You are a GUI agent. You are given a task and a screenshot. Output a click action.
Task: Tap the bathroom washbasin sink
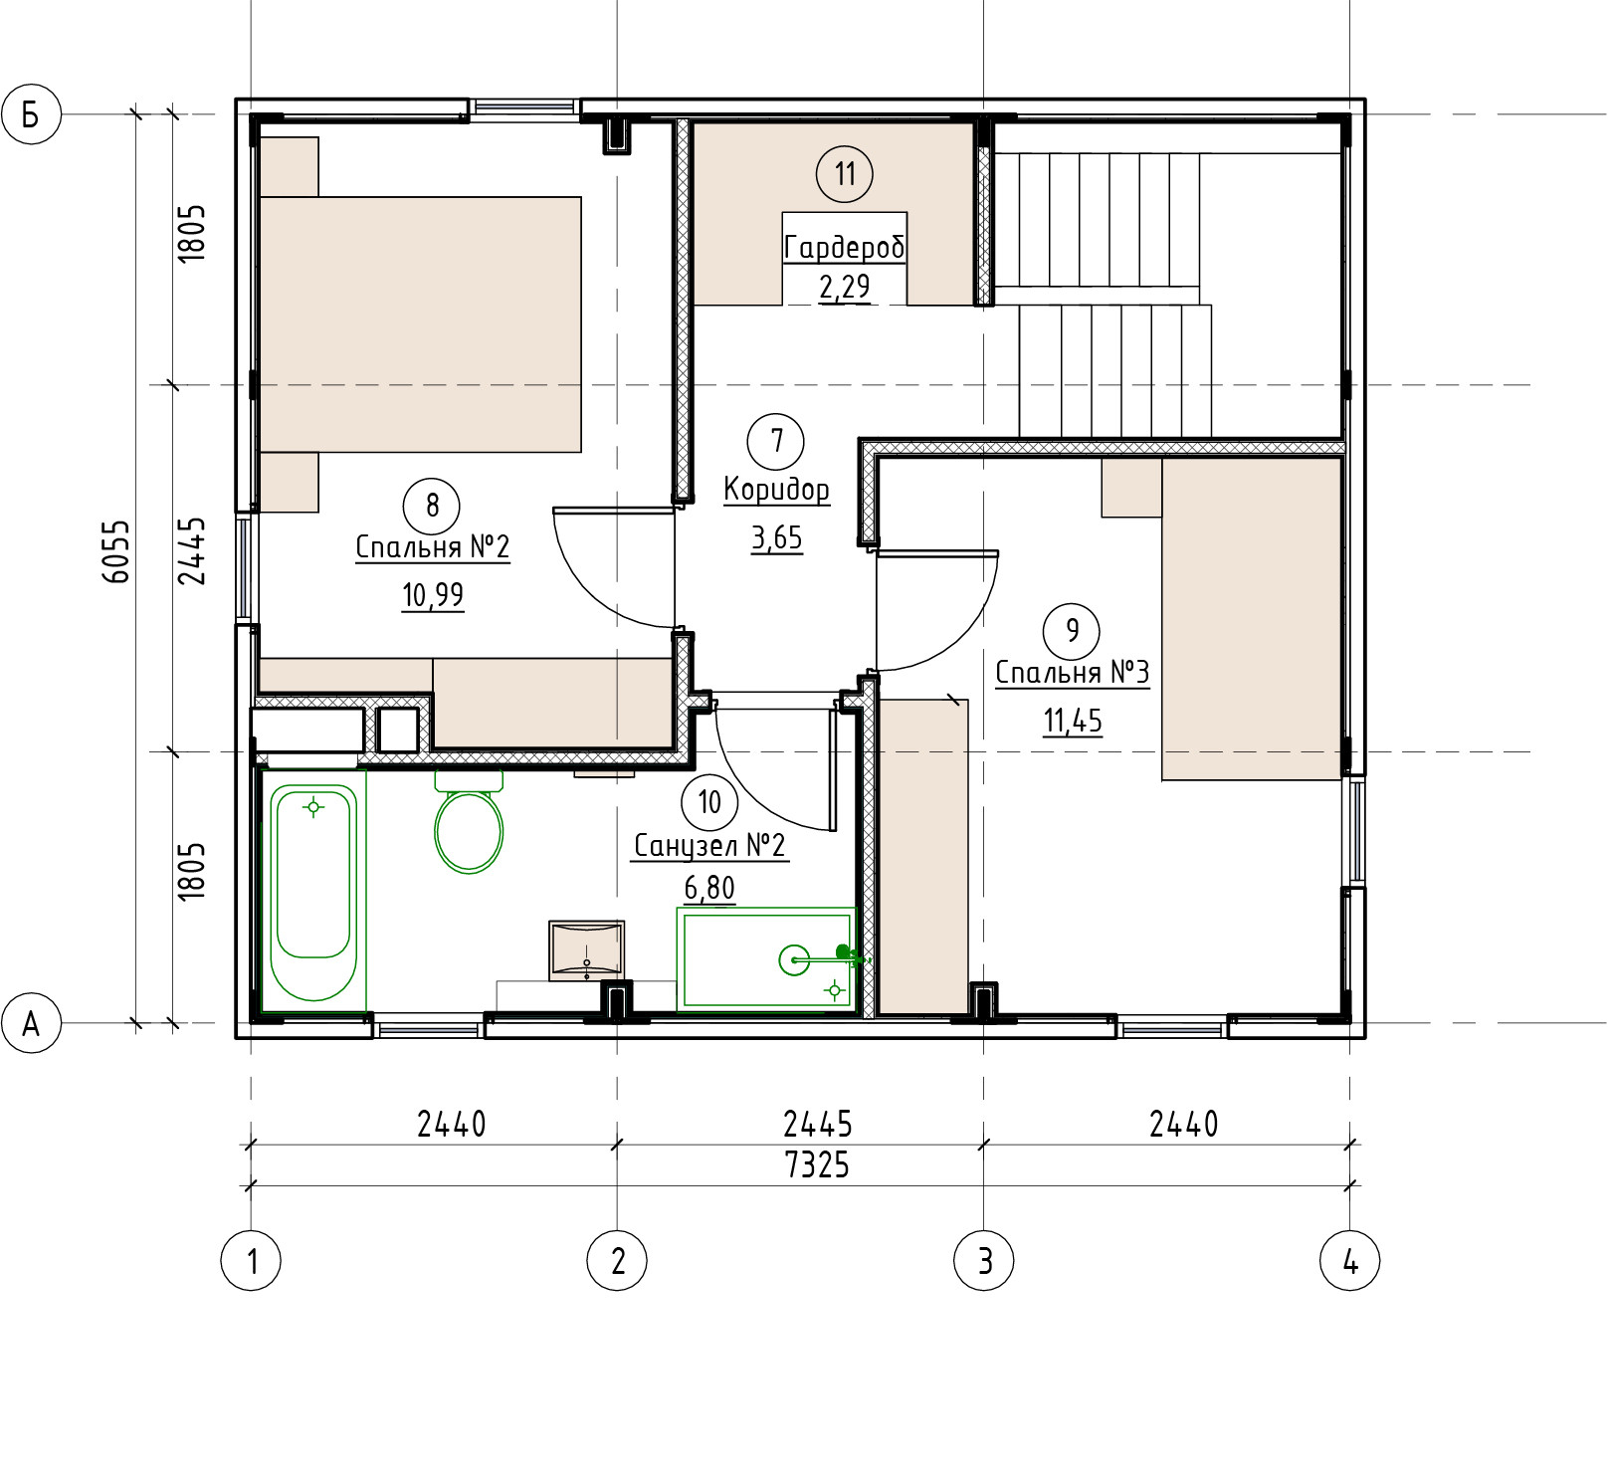(586, 950)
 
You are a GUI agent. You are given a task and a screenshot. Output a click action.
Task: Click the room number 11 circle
(845, 174)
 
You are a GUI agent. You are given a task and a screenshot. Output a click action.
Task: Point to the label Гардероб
(845, 247)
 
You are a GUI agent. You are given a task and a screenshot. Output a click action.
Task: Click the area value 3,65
(777, 538)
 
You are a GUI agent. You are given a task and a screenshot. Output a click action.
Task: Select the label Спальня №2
(433, 547)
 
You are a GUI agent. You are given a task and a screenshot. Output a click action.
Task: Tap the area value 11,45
(1073, 721)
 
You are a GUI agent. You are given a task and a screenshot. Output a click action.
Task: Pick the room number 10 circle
(709, 802)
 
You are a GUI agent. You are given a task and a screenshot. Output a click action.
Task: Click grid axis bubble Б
(32, 114)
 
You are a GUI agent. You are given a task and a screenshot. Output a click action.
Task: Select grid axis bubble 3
(984, 1261)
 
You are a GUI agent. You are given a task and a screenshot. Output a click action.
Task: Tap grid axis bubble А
(32, 1022)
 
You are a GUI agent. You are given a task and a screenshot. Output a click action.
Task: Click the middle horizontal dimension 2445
(818, 1125)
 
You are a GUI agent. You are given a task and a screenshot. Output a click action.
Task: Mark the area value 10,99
(433, 595)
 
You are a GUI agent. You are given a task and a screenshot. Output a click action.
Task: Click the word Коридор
(777, 490)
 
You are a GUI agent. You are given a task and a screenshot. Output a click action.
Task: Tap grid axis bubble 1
(251, 1261)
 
